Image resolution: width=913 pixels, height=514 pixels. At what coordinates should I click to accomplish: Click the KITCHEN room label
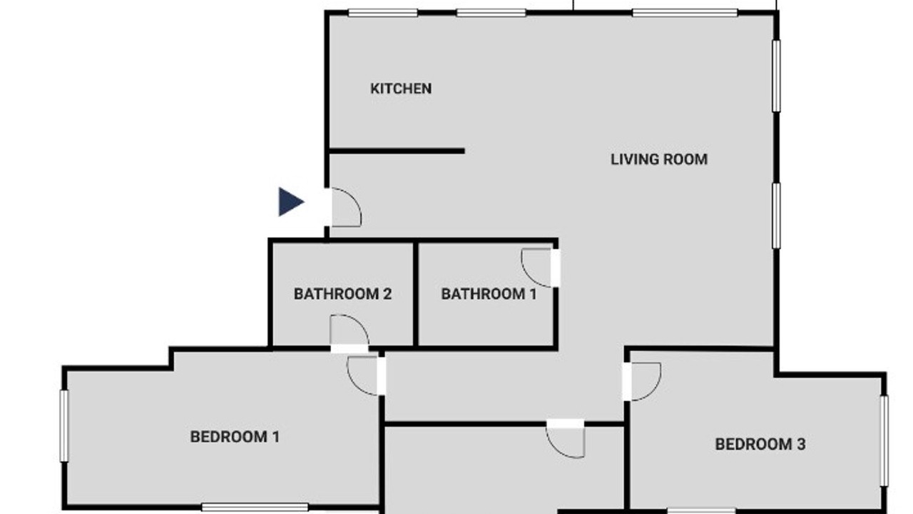click(x=401, y=89)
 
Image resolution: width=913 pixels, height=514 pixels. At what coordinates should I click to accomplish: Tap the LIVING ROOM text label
click(x=659, y=159)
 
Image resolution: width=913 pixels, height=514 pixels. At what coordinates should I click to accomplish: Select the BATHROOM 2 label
click(x=343, y=293)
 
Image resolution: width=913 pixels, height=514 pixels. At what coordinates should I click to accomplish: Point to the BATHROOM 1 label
click(x=489, y=293)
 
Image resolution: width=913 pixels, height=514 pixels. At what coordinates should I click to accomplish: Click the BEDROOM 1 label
click(x=235, y=437)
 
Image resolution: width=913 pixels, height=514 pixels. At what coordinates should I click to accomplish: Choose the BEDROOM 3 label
click(x=760, y=444)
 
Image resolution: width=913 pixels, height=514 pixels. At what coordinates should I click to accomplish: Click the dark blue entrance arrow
click(x=290, y=201)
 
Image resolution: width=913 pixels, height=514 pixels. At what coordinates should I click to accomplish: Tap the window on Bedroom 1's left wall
click(x=64, y=426)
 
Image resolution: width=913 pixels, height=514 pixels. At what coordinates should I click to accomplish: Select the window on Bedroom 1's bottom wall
click(x=255, y=508)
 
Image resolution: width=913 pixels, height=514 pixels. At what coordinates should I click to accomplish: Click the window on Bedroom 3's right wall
click(x=884, y=441)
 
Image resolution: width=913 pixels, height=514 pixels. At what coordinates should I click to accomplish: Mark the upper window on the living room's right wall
click(x=777, y=76)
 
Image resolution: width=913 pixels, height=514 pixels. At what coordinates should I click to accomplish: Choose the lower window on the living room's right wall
click(x=777, y=216)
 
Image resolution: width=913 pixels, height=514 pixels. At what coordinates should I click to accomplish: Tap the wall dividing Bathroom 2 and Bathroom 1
click(x=415, y=294)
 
